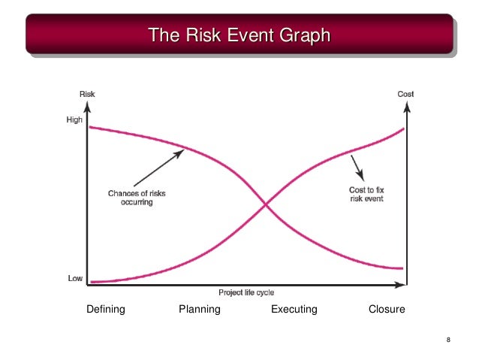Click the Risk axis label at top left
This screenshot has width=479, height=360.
tap(87, 94)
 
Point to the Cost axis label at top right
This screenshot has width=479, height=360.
tap(405, 94)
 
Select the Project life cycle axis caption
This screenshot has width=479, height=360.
tap(246, 292)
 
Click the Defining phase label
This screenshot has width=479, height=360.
tap(106, 309)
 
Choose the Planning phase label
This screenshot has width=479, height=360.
tap(200, 309)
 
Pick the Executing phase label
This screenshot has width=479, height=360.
tap(294, 309)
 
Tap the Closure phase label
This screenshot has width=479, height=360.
tap(387, 309)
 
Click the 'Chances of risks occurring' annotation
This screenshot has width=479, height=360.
tap(137, 198)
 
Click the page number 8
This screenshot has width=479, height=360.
tap(448, 343)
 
